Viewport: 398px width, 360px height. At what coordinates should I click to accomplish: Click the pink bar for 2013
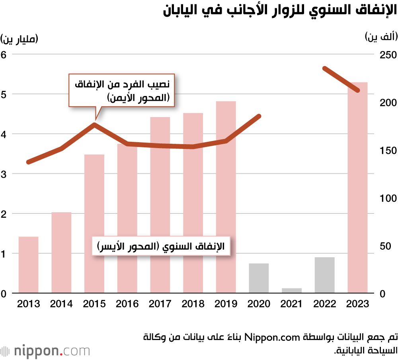29,265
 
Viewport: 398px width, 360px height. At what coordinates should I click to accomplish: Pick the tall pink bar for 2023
357,188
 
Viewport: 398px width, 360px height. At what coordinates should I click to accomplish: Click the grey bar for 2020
259,278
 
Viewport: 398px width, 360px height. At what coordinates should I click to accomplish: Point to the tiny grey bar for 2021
292,291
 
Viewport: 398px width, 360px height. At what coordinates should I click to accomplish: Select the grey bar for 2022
324,275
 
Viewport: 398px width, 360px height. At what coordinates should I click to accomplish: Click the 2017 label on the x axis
160,304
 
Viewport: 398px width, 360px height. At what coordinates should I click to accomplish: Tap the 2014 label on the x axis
62,304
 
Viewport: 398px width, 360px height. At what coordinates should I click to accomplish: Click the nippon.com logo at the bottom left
45,351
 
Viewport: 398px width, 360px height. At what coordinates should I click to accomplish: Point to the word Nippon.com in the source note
271,338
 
